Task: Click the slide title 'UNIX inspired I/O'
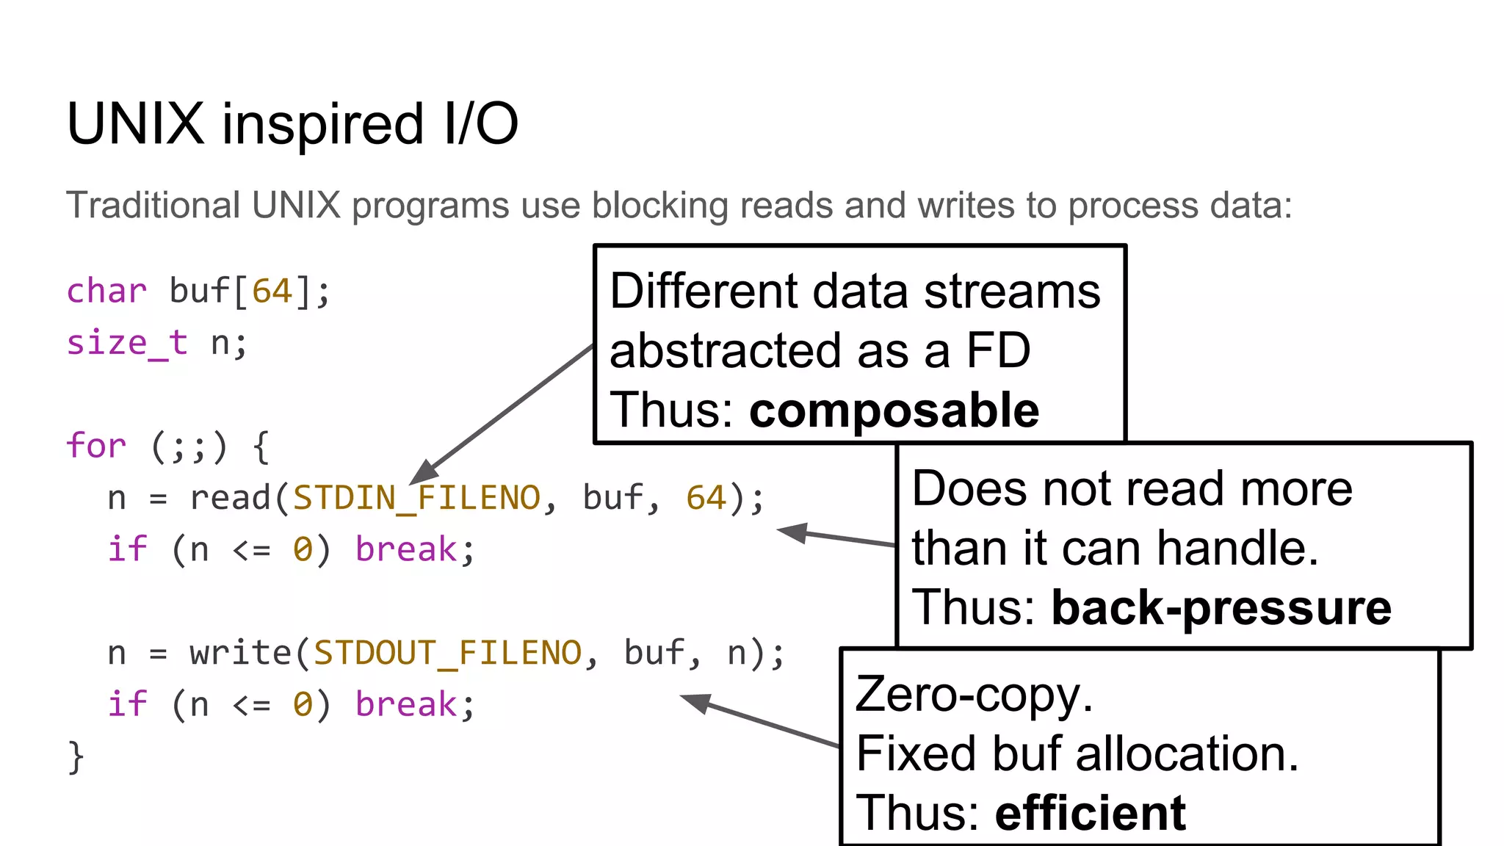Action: pyautogui.click(x=292, y=123)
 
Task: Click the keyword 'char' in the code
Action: pyautogui.click(x=106, y=291)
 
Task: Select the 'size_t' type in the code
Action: pyautogui.click(x=126, y=343)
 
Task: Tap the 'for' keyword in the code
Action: pyautogui.click(x=95, y=446)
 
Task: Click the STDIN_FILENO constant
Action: pyautogui.click(x=416, y=498)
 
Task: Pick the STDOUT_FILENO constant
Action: pyautogui.click(x=447, y=653)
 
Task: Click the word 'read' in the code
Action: pyautogui.click(x=231, y=498)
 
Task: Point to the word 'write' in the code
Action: pyautogui.click(x=240, y=653)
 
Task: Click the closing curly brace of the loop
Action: pyautogui.click(x=76, y=756)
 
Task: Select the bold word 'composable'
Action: pyautogui.click(x=894, y=410)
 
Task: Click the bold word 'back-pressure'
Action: pyautogui.click(x=1221, y=608)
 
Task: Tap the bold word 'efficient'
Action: pyautogui.click(x=1090, y=813)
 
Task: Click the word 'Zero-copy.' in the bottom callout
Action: pyautogui.click(x=974, y=694)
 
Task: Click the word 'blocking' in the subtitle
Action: pyautogui.click(x=659, y=205)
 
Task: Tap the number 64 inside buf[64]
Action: pyautogui.click(x=272, y=291)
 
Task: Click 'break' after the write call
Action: pyautogui.click(x=406, y=704)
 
